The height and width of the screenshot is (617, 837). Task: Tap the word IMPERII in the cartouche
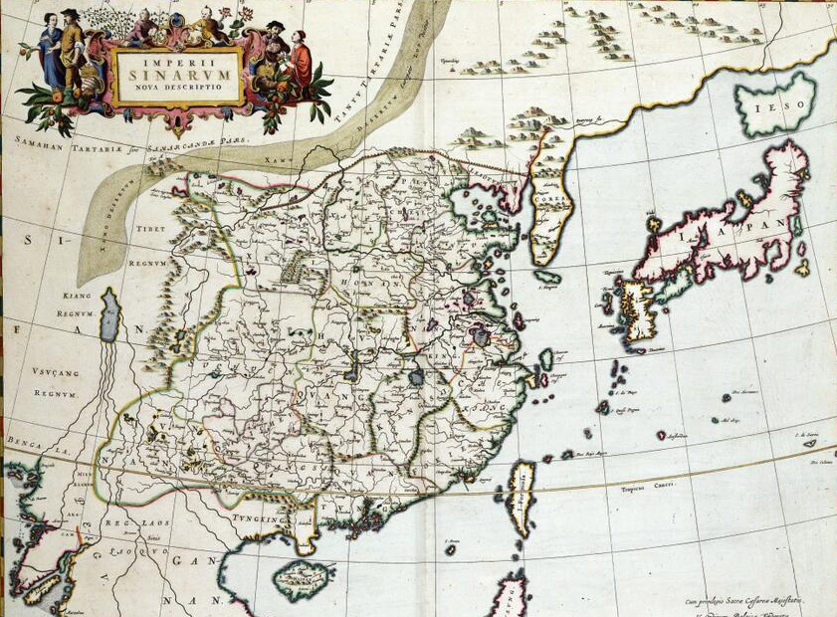click(178, 55)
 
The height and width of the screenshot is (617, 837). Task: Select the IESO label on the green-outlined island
click(774, 104)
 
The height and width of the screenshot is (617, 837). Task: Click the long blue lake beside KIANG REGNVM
click(110, 317)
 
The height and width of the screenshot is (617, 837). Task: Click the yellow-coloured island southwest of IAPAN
click(638, 310)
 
